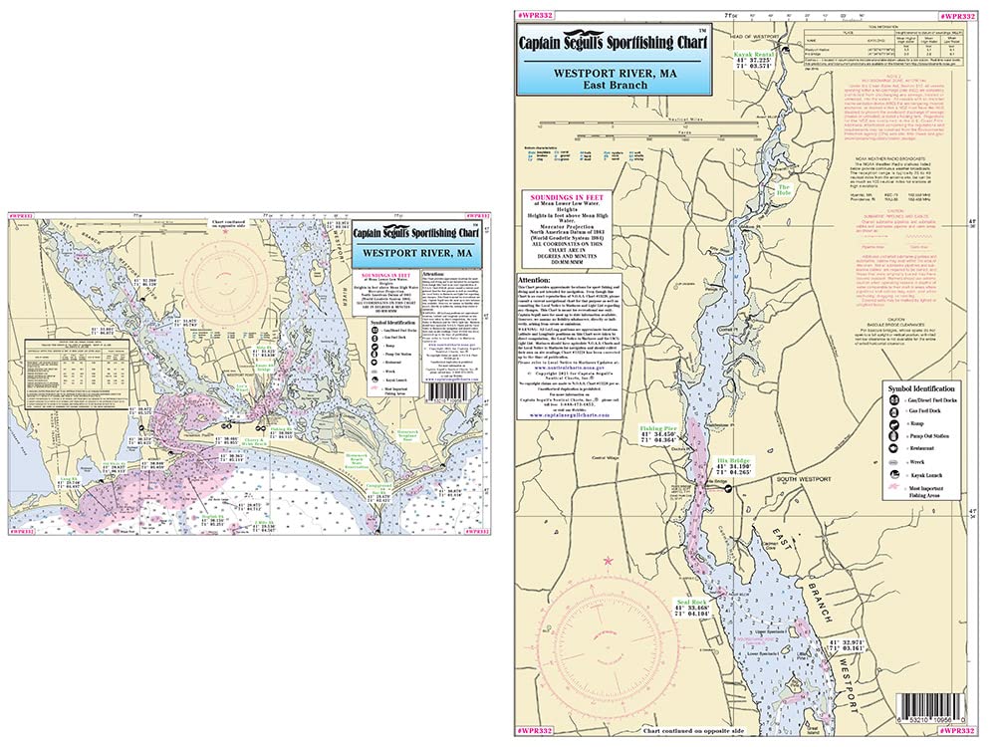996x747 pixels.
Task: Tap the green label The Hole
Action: click(784, 189)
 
